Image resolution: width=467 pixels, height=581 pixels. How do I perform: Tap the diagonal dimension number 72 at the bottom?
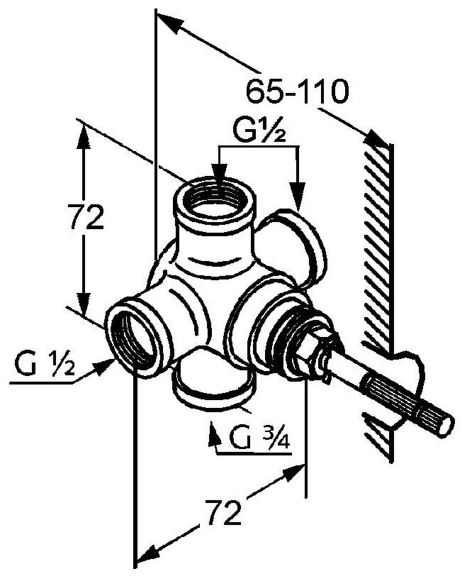coord(223,512)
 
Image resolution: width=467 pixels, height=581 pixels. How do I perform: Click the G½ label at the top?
coord(259,131)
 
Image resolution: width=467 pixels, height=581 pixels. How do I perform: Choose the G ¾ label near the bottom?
coord(260,438)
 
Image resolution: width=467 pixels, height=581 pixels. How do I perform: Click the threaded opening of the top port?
coord(214,200)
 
